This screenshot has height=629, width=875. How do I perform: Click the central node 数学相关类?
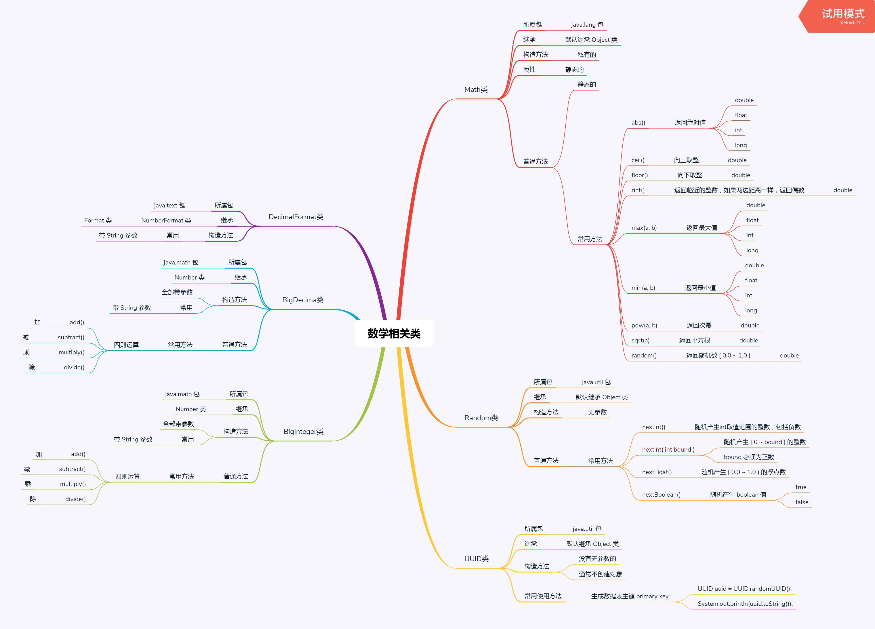394,334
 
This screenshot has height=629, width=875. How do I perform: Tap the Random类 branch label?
481,418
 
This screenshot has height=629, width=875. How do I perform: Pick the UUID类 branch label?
477,559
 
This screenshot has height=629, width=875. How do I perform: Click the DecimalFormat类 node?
296,217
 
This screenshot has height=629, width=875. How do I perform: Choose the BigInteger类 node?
304,431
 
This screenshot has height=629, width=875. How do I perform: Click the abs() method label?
638,123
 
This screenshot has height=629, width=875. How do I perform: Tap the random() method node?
644,355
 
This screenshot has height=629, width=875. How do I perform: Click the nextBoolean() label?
661,495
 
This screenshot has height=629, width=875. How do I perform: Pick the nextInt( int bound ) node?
668,450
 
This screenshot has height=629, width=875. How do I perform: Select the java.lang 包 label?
587,25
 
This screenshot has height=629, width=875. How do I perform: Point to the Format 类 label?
98,220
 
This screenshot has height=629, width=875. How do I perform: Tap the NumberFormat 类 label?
166,220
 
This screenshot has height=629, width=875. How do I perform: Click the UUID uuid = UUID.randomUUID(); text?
745,589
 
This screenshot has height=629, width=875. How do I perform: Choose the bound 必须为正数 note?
749,457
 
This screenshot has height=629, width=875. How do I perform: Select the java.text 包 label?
169,205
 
